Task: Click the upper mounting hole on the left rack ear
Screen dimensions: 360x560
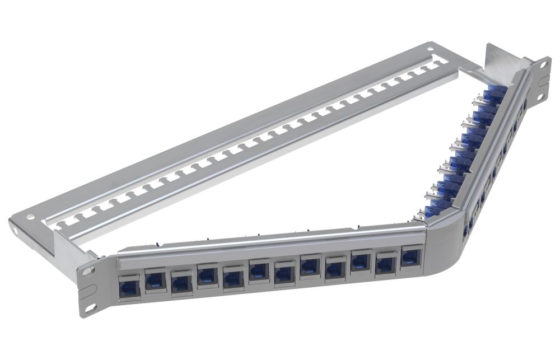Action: [x=87, y=270]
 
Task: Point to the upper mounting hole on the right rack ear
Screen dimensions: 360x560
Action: [x=543, y=65]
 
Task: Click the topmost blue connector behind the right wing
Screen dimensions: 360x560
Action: [x=495, y=92]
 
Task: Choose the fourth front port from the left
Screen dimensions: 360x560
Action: [x=207, y=275]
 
